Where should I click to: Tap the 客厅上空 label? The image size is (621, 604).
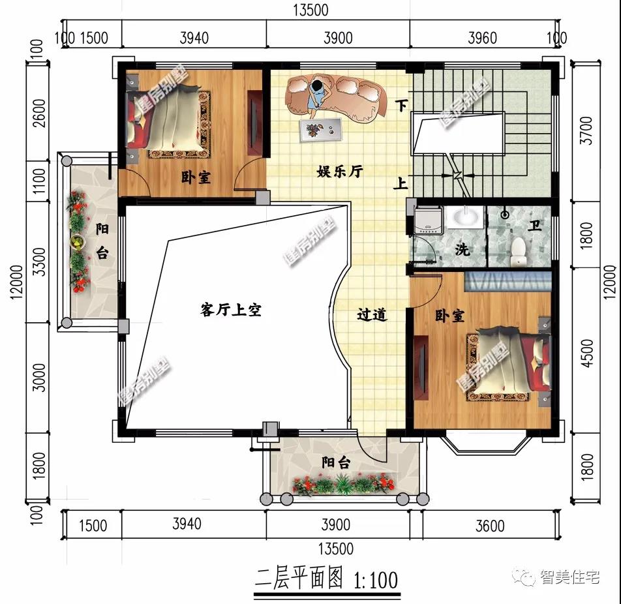click(x=230, y=310)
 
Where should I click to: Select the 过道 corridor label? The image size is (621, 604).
click(x=372, y=315)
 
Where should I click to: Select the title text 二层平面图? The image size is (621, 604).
click(x=299, y=579)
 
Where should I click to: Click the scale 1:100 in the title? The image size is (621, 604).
click(x=375, y=579)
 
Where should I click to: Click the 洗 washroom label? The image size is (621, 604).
click(x=462, y=249)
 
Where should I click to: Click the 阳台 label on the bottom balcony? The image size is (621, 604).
click(x=337, y=462)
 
